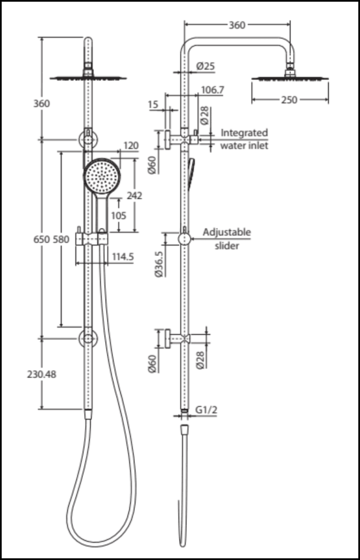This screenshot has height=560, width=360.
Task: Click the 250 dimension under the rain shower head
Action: pos(289,100)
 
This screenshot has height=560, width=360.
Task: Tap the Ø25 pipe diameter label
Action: pos(205,66)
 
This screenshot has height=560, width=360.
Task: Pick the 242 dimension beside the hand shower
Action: pos(134,195)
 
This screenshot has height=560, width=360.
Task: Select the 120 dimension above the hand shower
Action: pos(130,146)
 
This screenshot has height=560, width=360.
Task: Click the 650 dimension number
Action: pos(41,239)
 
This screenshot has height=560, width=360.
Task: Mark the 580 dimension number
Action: pos(60,239)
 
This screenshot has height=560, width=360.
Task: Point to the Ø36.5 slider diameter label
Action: pos(158,264)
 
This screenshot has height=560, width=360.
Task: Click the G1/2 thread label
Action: pos(205,410)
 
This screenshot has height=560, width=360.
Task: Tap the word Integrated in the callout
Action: pos(244,133)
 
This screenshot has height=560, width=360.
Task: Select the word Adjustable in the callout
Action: pos(227,232)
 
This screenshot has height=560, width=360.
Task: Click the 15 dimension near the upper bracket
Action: pos(153,104)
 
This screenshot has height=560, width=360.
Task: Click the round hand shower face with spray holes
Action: pos(102,175)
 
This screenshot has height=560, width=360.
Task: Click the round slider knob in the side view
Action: pos(184,239)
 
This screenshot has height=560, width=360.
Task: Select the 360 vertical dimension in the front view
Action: pos(41,104)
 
